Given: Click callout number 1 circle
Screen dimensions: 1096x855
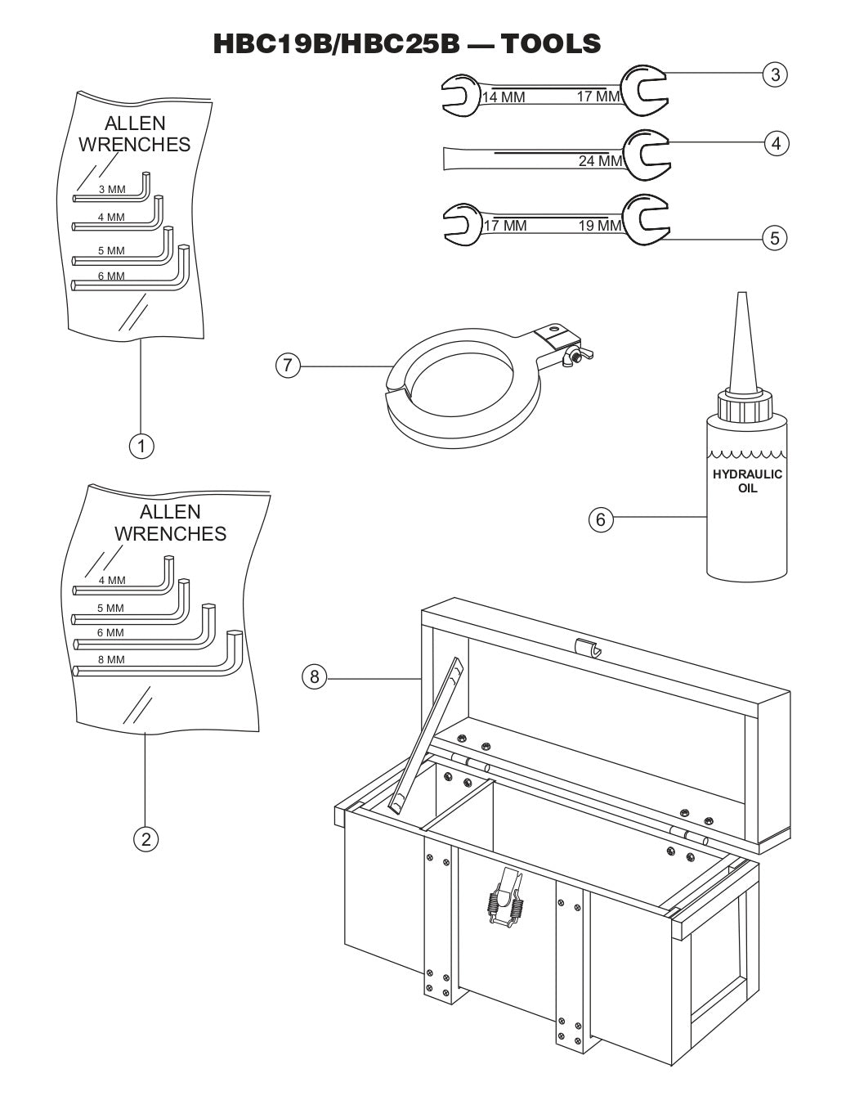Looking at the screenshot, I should point(142,446).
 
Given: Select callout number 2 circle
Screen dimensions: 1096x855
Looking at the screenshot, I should point(145,838).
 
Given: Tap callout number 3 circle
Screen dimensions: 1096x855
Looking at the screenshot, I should point(774,74).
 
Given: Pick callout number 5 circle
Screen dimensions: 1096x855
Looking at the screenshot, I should point(774,238).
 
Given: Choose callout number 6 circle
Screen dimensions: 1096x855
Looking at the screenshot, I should point(601,519).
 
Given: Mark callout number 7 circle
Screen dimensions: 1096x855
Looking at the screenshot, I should point(287,366).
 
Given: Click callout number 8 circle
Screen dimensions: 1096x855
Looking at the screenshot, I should point(314,676).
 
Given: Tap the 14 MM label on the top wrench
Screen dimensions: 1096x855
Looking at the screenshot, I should point(503,97).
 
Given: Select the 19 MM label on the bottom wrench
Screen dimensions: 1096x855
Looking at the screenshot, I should point(599,226).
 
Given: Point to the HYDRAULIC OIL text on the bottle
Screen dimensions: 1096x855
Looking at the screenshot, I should point(747,481).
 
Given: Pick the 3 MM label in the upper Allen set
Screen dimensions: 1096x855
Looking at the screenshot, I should point(111,189).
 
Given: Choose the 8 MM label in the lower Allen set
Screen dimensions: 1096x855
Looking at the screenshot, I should point(111,659).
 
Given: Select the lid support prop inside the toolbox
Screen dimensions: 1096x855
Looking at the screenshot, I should point(427,737).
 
